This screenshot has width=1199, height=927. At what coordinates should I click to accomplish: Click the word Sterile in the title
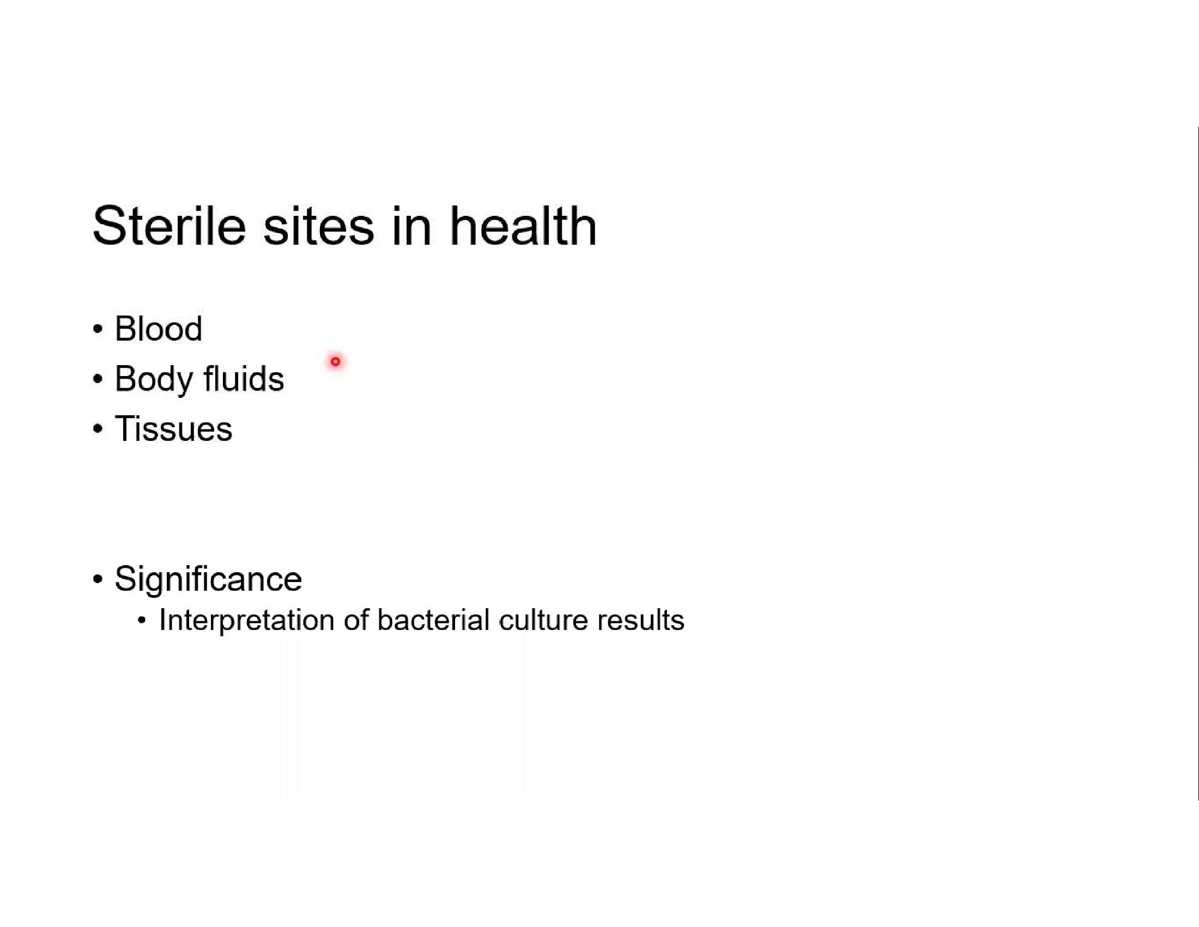coord(169,226)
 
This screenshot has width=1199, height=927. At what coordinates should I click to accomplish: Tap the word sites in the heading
coord(318,226)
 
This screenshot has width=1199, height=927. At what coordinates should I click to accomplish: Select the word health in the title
coord(523,226)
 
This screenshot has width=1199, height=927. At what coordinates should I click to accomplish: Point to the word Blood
coord(158,329)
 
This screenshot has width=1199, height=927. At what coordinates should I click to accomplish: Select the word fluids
coord(244,378)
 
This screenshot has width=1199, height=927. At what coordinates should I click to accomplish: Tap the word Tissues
coord(173,428)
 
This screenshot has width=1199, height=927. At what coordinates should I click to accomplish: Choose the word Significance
coord(208,579)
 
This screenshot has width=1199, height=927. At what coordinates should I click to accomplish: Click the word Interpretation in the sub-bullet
coord(246,621)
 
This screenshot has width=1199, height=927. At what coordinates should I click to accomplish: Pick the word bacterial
coord(433,620)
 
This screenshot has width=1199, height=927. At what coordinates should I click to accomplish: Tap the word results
coord(641,620)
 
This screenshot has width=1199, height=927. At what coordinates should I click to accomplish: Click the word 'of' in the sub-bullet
coord(356,620)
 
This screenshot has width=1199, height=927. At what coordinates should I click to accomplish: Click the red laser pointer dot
coord(335,361)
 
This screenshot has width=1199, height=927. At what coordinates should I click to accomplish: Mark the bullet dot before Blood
coord(98,329)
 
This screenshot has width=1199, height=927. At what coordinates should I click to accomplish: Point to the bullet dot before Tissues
coord(98,429)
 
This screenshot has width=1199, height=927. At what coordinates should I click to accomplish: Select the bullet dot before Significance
coord(98,579)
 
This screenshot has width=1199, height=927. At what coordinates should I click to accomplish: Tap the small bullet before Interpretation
coord(142,621)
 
